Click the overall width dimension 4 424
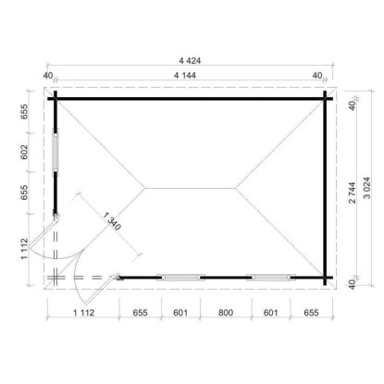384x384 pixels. point(190,60)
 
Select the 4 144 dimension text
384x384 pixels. point(185,75)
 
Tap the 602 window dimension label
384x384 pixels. point(24,152)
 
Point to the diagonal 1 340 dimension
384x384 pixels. point(112,221)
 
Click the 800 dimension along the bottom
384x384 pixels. point(226,313)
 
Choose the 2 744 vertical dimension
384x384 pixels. point(353,192)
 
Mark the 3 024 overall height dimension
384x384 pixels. point(367,188)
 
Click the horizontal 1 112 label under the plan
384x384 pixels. point(83,313)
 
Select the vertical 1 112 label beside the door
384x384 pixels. point(24,249)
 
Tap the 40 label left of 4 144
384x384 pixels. point(48,75)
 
